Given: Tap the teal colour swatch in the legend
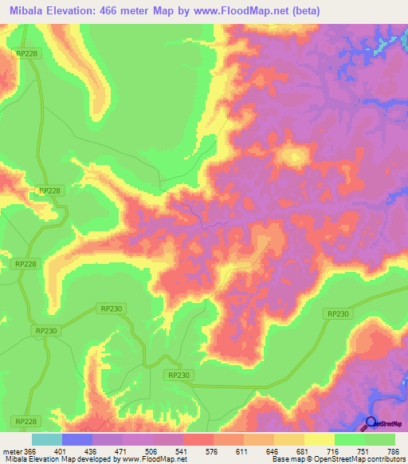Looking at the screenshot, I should (x=47, y=439).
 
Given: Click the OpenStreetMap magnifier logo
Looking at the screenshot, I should (x=371, y=423).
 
